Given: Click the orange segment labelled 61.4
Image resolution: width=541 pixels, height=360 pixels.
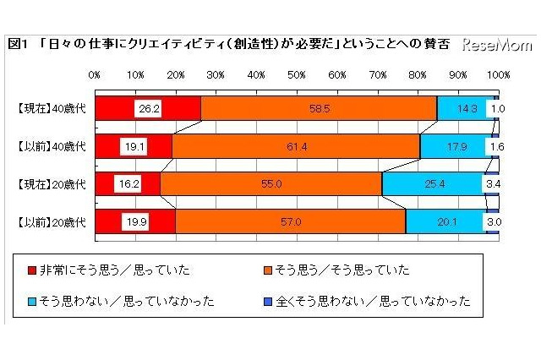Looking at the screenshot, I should tap(296, 146).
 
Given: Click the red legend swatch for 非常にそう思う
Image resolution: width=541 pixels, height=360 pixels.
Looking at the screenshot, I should tap(30, 270).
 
